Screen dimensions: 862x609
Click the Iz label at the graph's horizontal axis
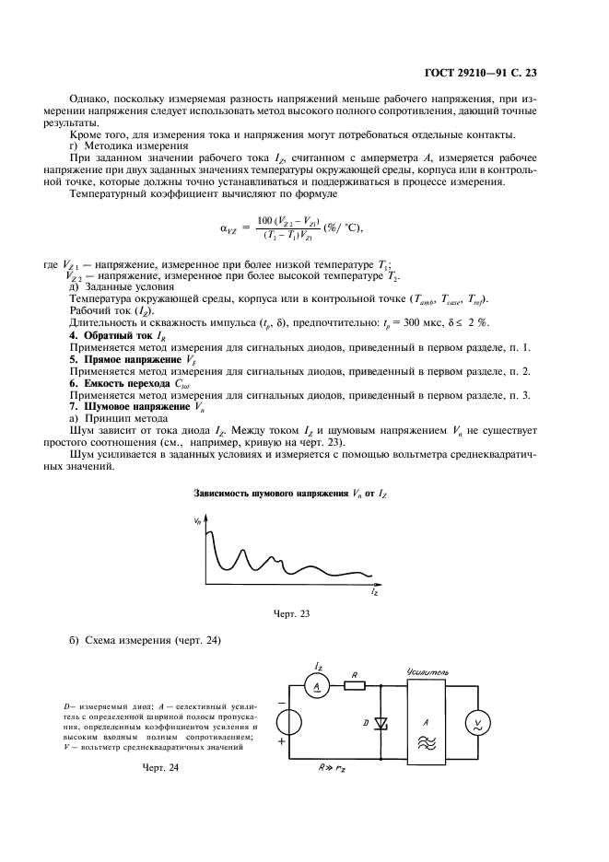[373, 595]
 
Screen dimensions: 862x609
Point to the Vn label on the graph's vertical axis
[198, 521]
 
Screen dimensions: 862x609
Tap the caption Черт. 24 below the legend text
[160, 767]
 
